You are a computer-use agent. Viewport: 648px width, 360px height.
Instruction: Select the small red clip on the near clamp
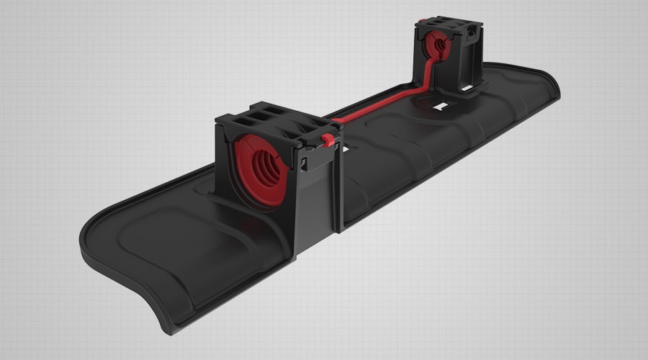coord(328,140)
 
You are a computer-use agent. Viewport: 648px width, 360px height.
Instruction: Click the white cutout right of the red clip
coord(351,146)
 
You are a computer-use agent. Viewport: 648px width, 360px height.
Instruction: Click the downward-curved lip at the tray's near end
coord(180,310)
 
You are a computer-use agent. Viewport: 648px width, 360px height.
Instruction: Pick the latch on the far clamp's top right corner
coord(472,32)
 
